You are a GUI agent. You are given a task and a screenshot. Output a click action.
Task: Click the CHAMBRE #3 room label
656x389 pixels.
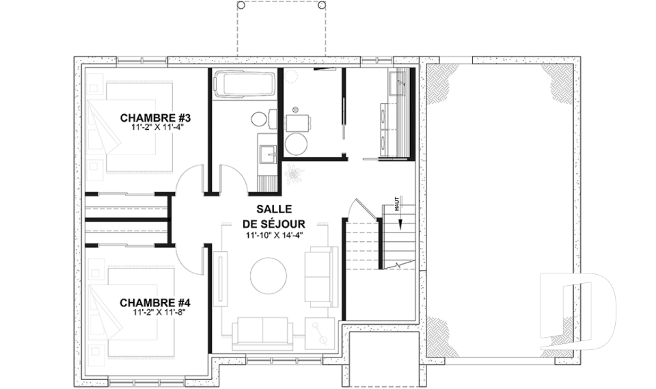click(x=152, y=118)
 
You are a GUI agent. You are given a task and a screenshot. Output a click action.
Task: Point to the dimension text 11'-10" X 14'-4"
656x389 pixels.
click(x=274, y=236)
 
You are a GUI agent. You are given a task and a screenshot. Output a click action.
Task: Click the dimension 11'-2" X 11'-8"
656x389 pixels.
click(x=159, y=312)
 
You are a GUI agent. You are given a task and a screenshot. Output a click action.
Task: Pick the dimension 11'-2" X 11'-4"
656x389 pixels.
click(x=157, y=128)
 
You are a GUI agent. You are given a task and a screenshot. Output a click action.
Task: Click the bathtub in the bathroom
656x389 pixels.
click(x=245, y=83)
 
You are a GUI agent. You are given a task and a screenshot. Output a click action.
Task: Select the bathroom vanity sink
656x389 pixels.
click(x=266, y=153)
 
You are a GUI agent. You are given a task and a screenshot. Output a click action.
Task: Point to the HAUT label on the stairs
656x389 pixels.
click(x=396, y=204)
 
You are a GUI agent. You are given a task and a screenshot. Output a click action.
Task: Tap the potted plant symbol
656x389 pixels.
click(x=292, y=173)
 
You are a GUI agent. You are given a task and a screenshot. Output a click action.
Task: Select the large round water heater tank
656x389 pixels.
click(x=296, y=143)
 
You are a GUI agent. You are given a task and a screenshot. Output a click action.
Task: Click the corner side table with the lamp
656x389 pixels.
click(x=320, y=334)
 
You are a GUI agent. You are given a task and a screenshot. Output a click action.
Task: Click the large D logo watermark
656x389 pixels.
click(x=577, y=310)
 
